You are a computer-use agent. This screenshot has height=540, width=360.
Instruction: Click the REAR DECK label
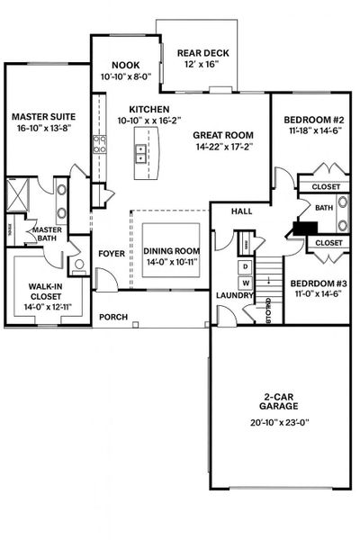(x=202, y=53)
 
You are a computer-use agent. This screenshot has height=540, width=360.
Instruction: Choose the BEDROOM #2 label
(x=310, y=120)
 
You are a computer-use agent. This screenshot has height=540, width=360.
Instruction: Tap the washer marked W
(x=243, y=283)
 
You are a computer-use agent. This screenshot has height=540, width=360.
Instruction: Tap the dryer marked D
(x=243, y=267)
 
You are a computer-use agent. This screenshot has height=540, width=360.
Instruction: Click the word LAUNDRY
(x=232, y=294)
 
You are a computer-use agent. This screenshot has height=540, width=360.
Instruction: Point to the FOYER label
(x=111, y=254)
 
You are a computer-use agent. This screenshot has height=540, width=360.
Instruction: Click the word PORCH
(x=112, y=317)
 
